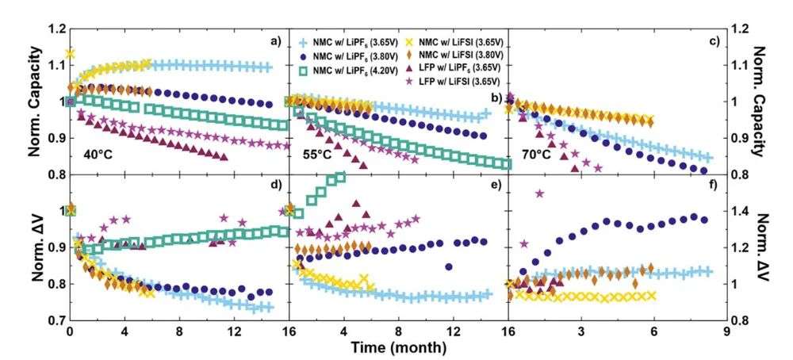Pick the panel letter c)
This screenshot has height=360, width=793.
[711, 41]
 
